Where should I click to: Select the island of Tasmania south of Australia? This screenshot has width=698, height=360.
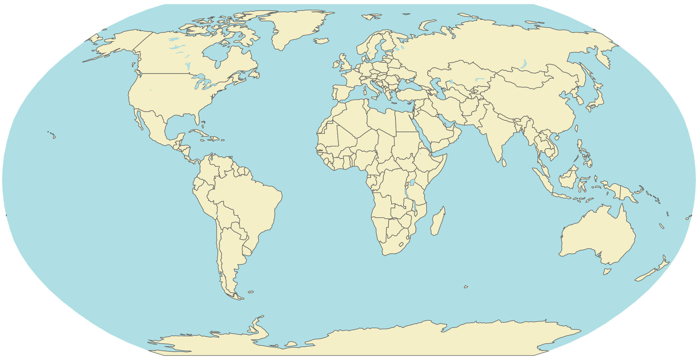pos(607,271)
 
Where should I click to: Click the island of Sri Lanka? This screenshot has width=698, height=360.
pos(504,163)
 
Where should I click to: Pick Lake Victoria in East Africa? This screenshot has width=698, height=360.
pos(412,182)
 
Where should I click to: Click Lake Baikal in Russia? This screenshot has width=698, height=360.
pos(523,64)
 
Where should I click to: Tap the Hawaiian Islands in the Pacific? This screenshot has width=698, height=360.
pos(52,134)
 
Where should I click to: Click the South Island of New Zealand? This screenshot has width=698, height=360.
pos(646,275)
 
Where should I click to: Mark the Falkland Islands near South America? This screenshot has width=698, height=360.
pos(251,292)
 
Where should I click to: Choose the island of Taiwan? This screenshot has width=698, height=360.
pos(576,128)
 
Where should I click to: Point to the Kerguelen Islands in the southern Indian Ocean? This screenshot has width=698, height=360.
pos(466,287)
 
